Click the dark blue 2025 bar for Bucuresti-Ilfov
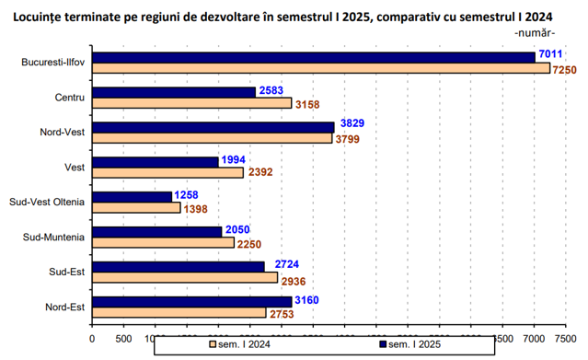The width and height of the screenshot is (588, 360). (314, 58)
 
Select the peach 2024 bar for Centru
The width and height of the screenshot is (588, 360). (192, 103)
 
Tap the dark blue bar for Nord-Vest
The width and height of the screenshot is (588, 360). (213, 128)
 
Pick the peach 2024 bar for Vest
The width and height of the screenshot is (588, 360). (167, 173)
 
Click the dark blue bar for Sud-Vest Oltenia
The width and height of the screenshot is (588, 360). (132, 197)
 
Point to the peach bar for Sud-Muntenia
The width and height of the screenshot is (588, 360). (163, 242)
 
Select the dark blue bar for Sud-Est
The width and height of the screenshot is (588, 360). (179, 267)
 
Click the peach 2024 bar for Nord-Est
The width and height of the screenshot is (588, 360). (179, 312)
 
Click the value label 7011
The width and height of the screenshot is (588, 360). (550, 54)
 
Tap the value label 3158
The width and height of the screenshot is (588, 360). (307, 104)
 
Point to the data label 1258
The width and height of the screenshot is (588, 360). (186, 195)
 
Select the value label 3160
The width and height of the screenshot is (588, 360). (306, 300)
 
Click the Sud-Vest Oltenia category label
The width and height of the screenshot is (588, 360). (47, 202)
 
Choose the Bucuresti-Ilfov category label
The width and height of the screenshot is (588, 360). (52, 62)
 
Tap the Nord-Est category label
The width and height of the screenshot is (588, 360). (65, 308)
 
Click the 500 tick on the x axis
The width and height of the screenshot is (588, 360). (123, 339)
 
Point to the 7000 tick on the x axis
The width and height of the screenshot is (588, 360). (534, 339)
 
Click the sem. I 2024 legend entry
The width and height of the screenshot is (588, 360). (239, 344)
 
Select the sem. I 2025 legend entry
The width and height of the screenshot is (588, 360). (410, 344)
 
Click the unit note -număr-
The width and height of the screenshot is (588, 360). (535, 33)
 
